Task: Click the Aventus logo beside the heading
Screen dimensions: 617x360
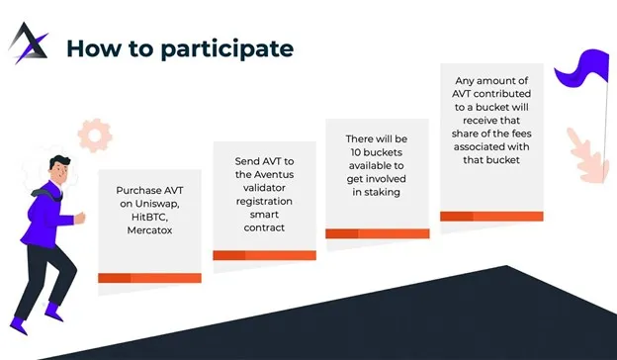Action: [x=29, y=43]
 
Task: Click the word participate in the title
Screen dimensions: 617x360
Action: [x=227, y=49]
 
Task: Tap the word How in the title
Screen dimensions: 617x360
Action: [x=94, y=48]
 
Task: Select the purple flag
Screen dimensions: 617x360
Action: [x=582, y=67]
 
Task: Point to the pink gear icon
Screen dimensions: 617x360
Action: [x=95, y=135]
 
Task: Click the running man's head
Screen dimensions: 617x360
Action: [x=59, y=168]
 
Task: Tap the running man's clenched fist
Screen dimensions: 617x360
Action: [x=80, y=218]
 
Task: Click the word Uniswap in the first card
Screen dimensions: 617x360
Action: [x=157, y=204]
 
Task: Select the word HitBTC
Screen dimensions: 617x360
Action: [x=149, y=218]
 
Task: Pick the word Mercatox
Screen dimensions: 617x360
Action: [x=149, y=230]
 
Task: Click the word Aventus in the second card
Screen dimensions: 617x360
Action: [x=274, y=174]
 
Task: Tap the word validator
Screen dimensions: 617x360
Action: [x=264, y=188]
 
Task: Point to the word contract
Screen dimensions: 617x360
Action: [x=264, y=227]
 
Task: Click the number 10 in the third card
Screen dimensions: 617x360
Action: [x=356, y=152]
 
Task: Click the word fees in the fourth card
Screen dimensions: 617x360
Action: [x=521, y=134]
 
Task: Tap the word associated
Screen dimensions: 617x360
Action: [x=475, y=146]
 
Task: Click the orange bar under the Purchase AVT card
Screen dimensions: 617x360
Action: [x=149, y=278]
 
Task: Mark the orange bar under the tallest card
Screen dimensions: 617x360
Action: [x=491, y=216]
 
